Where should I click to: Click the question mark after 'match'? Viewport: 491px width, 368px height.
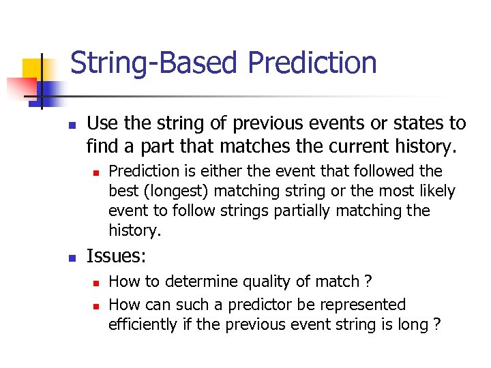tap(368, 281)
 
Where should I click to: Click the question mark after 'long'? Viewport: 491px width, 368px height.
tap(436, 324)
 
